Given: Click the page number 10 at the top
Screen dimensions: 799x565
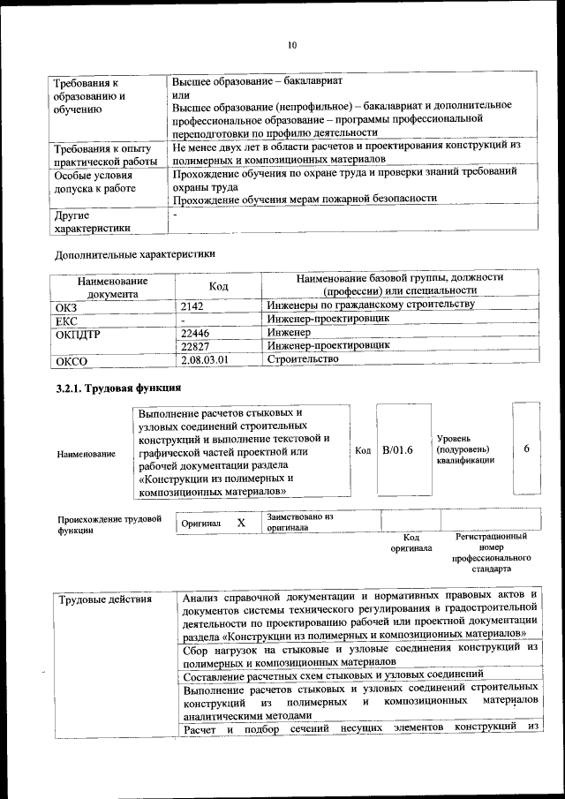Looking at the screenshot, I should pos(292,45).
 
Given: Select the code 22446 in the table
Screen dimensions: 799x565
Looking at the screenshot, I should pos(195,334).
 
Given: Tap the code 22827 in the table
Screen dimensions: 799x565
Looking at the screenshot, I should pos(195,346).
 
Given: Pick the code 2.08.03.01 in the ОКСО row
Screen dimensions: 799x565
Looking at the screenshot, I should pos(205,360).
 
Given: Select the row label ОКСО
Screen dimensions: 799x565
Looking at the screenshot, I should pos(72,360).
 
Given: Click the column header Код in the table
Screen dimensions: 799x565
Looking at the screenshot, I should pos(218,286).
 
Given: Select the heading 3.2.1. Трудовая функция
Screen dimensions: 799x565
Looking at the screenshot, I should pos(118,388).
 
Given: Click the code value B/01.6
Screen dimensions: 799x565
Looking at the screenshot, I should pos(397,450).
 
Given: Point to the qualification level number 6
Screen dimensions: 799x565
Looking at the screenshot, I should pos(526,448).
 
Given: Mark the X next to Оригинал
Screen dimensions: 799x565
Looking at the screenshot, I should pos(241,523).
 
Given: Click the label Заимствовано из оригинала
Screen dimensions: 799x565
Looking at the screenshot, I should pos(300,522).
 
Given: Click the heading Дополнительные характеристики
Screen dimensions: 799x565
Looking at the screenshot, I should pos(134,254).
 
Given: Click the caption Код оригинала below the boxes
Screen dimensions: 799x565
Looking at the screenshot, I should pos(411,542).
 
